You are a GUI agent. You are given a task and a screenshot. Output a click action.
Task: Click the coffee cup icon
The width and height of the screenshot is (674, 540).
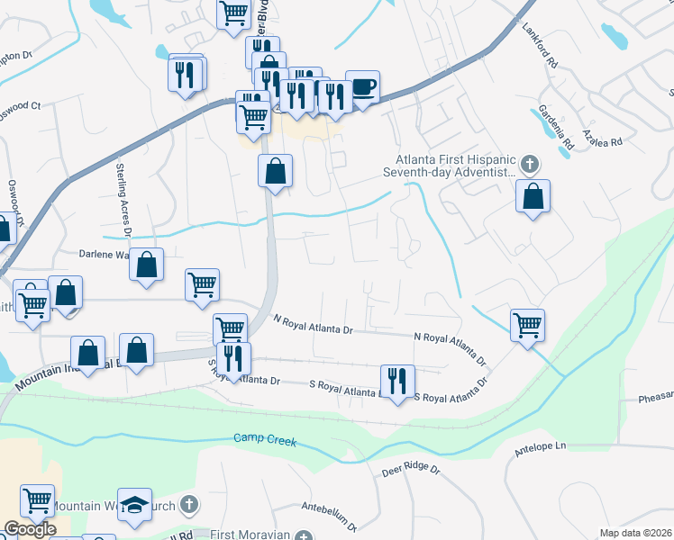[x=362, y=87]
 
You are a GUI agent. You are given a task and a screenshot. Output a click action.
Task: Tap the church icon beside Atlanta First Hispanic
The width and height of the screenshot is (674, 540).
[x=530, y=165]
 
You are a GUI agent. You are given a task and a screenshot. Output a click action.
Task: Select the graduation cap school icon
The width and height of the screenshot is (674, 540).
[x=135, y=506]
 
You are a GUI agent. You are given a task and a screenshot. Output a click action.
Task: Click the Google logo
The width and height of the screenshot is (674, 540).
[x=30, y=529]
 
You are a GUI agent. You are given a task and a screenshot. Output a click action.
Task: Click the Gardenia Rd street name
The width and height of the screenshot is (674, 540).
[x=556, y=127]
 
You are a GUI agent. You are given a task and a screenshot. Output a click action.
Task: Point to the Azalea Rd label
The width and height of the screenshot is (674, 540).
[x=602, y=141]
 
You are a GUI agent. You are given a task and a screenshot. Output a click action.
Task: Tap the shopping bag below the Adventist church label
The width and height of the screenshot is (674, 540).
[x=533, y=196]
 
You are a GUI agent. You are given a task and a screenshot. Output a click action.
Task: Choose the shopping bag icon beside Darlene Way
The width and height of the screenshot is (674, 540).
[x=147, y=265]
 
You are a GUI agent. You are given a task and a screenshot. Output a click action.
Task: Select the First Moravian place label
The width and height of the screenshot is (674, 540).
[x=250, y=535]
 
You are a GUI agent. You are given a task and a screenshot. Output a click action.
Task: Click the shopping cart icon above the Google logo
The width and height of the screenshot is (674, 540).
[x=38, y=500]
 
